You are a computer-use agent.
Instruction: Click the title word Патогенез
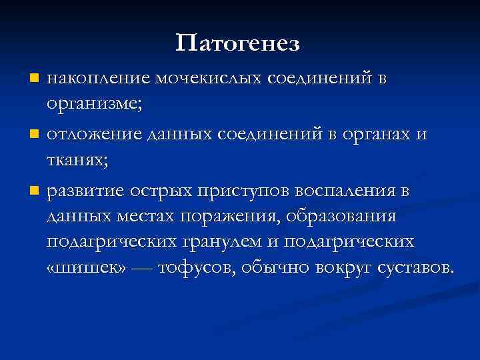point(239,44)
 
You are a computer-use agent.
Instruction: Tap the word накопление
point(99,79)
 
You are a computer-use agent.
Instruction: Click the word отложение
point(94,135)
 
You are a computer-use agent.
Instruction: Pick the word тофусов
point(194,267)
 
